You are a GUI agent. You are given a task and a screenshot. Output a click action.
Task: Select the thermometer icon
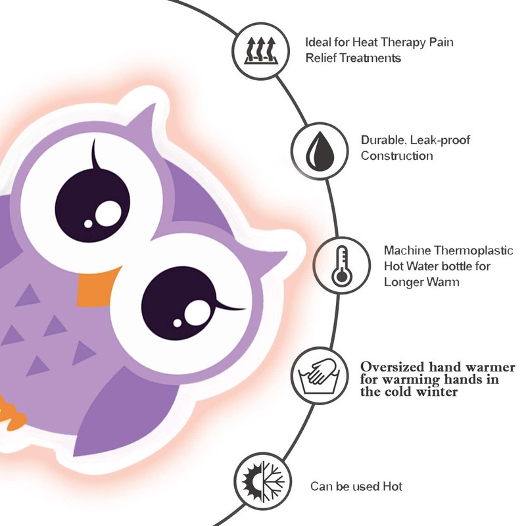(341, 264)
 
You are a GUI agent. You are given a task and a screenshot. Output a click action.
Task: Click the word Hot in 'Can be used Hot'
(393, 487)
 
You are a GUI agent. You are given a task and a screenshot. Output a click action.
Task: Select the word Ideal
(318, 43)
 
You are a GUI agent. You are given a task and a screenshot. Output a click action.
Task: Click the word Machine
(407, 251)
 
